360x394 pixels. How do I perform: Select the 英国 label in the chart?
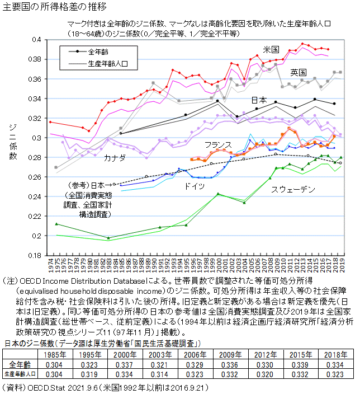click(x=298, y=73)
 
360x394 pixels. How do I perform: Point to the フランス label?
click(x=218, y=144)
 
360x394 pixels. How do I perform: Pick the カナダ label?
click(x=114, y=158)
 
